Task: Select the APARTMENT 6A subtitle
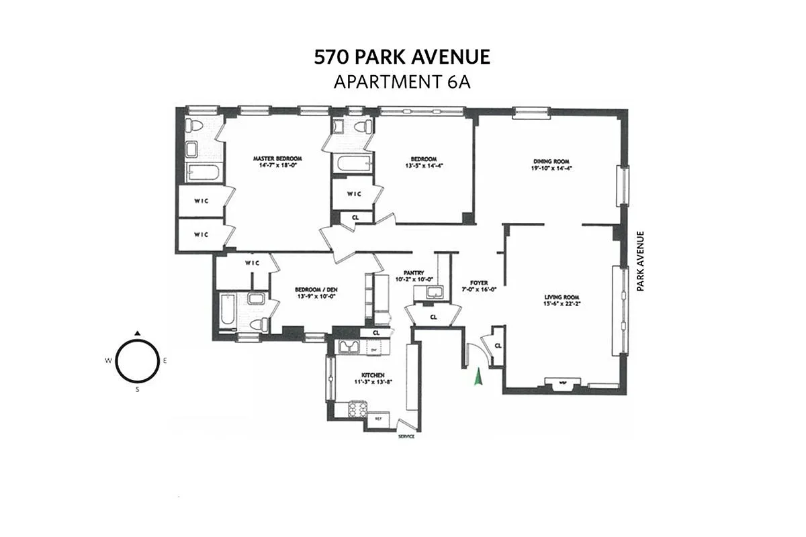click(402, 82)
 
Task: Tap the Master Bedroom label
click(275, 159)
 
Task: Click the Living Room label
click(562, 297)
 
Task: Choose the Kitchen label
click(373, 375)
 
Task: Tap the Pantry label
click(414, 273)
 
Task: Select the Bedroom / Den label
click(315, 290)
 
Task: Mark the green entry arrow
click(478, 377)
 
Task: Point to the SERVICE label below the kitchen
click(406, 436)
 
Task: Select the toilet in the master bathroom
click(194, 125)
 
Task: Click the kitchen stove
click(357, 409)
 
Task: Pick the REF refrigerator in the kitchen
click(378, 419)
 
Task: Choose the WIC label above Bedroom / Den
click(253, 262)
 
